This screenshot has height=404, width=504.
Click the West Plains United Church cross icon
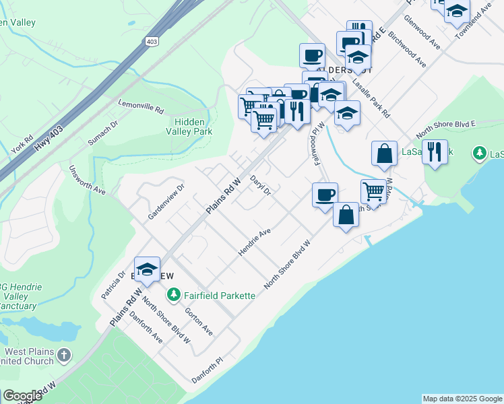tap(64, 354)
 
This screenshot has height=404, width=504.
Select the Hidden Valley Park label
tap(193, 127)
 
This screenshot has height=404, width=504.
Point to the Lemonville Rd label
tap(141, 107)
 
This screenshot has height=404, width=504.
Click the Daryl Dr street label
tap(260, 186)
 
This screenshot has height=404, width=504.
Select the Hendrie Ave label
tap(254, 242)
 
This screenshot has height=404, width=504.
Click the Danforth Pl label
tap(206, 368)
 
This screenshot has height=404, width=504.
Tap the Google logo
tap(22, 395)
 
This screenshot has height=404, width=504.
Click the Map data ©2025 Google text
tap(462, 399)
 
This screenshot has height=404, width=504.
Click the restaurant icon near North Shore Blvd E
tap(435, 152)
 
